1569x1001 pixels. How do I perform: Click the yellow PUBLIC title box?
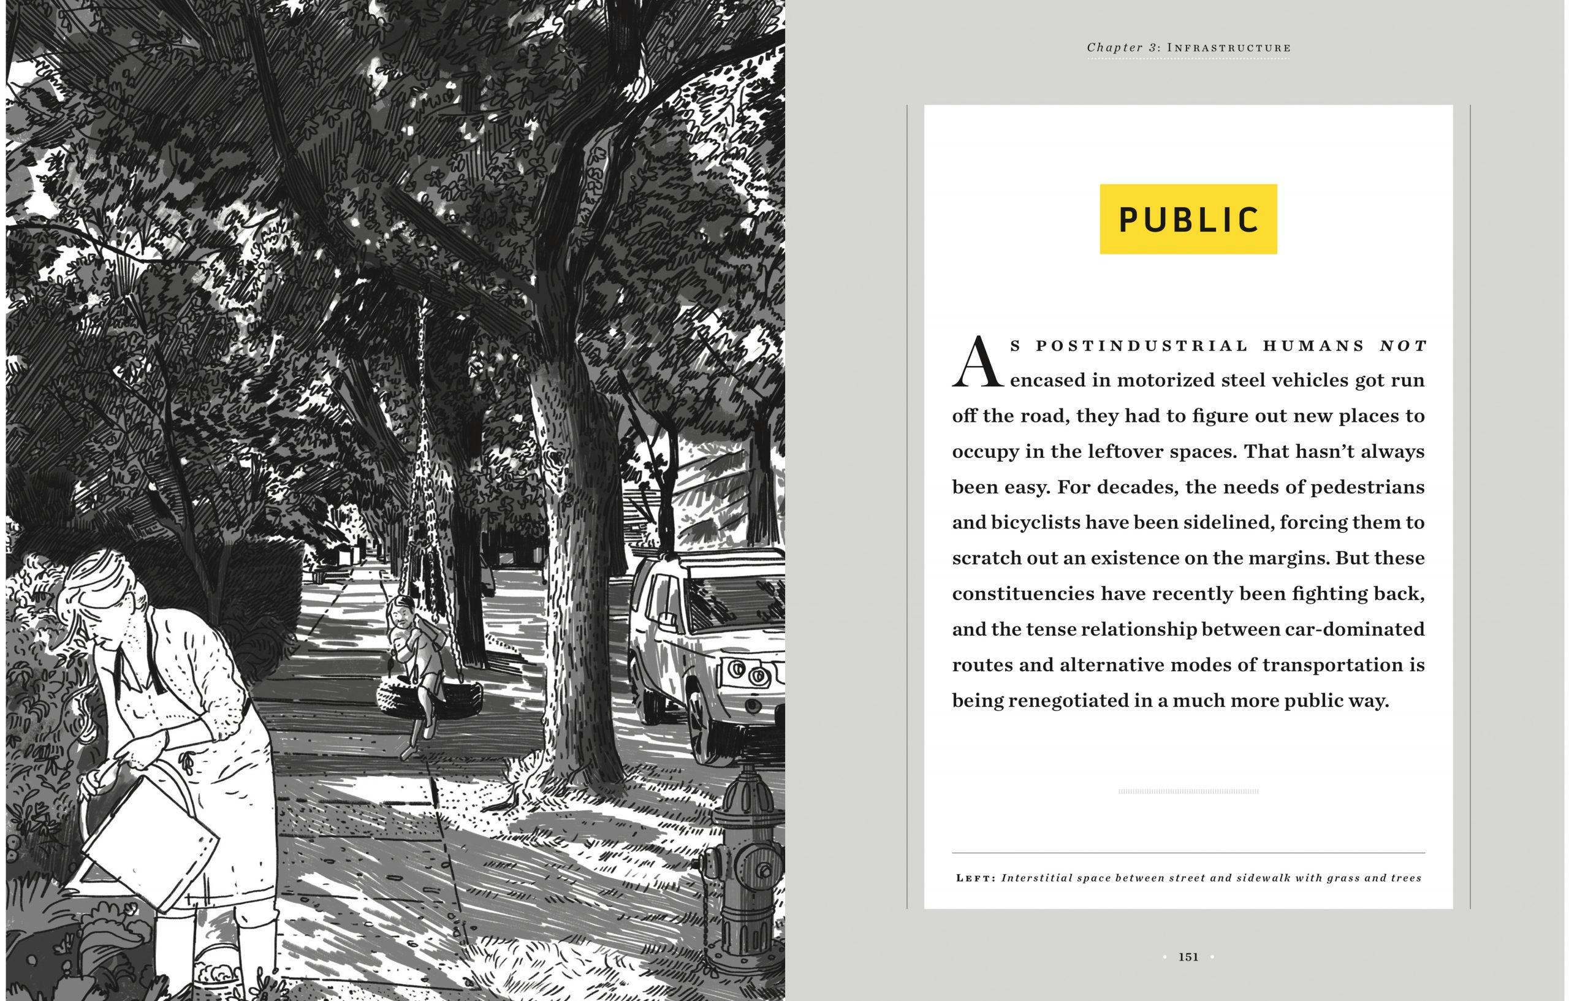pyautogui.click(x=1188, y=219)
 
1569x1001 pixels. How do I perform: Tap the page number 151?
pyautogui.click(x=1188, y=957)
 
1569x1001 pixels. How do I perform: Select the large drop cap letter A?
pyautogui.click(x=978, y=362)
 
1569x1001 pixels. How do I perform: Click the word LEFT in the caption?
pyautogui.click(x=975, y=878)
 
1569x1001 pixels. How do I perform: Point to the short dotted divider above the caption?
pyautogui.click(x=1188, y=792)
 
